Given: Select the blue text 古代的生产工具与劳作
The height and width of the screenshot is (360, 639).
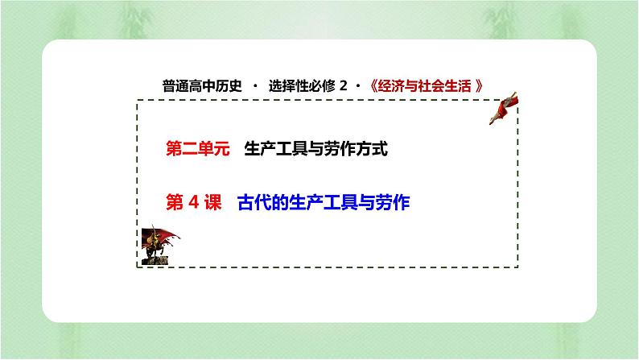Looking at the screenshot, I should coord(324,204).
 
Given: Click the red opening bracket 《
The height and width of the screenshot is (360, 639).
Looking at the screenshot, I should coord(375,86).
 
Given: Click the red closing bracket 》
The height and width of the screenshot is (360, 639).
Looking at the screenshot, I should coord(480,86).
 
